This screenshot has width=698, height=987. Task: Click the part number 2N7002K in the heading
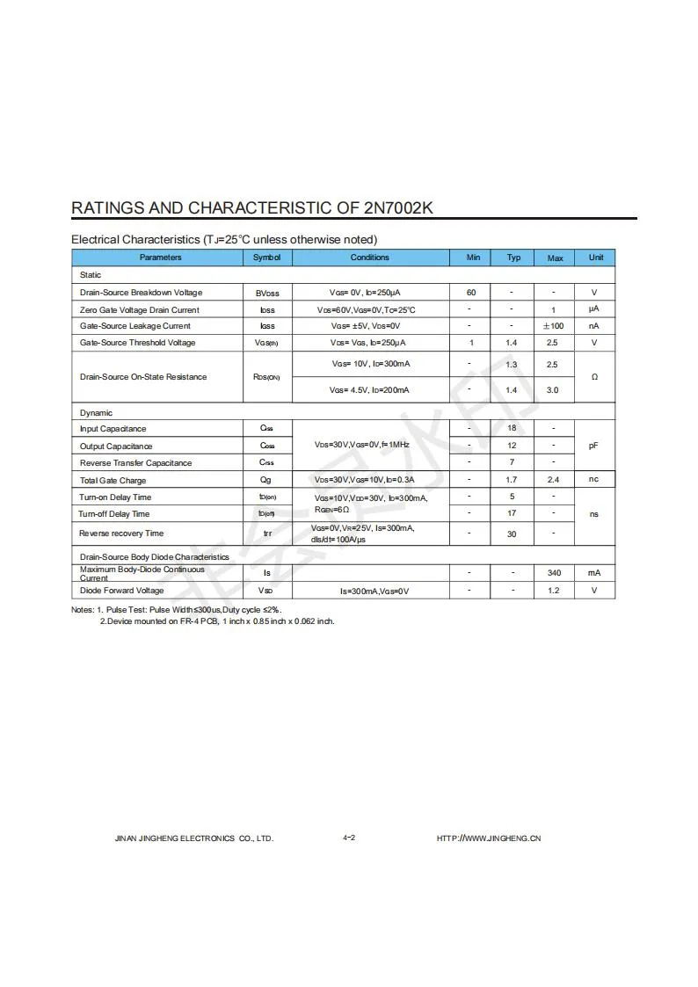397,208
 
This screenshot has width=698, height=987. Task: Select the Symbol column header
266,258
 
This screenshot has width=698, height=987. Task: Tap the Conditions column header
369,258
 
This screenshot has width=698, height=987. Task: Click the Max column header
555,258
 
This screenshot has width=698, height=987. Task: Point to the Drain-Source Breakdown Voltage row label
141,293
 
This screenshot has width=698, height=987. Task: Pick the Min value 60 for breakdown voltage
471,293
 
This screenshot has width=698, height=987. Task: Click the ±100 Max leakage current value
554,326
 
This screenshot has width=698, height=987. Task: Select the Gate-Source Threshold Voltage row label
137,343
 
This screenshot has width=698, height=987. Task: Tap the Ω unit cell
595,377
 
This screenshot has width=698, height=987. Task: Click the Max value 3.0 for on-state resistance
552,390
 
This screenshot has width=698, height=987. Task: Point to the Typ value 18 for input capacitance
512,428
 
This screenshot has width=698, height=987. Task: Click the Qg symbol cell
265,480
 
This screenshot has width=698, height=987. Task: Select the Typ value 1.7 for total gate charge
512,480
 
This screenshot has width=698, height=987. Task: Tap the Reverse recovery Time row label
121,533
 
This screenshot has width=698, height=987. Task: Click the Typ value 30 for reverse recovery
512,533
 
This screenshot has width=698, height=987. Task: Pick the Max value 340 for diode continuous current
554,573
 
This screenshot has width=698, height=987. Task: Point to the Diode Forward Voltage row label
121,591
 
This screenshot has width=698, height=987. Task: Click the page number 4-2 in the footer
349,838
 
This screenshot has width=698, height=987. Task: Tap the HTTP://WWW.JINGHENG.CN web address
489,838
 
